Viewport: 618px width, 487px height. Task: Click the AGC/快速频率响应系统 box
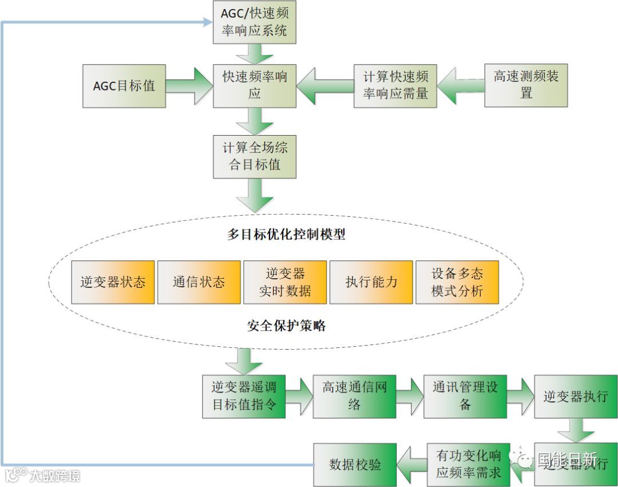pyautogui.click(x=255, y=22)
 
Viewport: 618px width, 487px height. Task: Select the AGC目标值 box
pyautogui.click(x=124, y=86)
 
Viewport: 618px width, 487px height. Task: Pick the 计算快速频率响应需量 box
pyautogui.click(x=395, y=86)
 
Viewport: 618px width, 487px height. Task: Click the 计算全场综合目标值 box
pyautogui.click(x=255, y=156)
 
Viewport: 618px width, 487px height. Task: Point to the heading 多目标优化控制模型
pyautogui.click(x=286, y=235)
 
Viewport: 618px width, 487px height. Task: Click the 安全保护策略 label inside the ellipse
pyautogui.click(x=286, y=326)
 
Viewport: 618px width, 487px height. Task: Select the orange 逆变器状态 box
pyautogui.click(x=113, y=282)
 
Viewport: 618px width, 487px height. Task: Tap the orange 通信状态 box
pyautogui.click(x=199, y=282)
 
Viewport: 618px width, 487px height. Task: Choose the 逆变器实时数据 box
pyautogui.click(x=285, y=282)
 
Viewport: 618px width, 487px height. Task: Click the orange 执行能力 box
pyautogui.click(x=371, y=282)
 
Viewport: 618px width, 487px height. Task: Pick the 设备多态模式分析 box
pyautogui.click(x=457, y=282)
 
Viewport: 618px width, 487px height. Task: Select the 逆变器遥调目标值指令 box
pyautogui.click(x=244, y=396)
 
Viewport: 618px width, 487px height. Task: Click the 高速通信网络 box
pyautogui.click(x=354, y=396)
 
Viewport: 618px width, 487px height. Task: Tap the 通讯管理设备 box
pyautogui.click(x=465, y=396)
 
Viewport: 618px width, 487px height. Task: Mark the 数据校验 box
pyautogui.click(x=355, y=464)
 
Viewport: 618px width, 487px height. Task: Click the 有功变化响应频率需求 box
pyautogui.click(x=468, y=464)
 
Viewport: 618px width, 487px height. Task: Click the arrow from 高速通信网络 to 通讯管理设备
pyautogui.click(x=410, y=396)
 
